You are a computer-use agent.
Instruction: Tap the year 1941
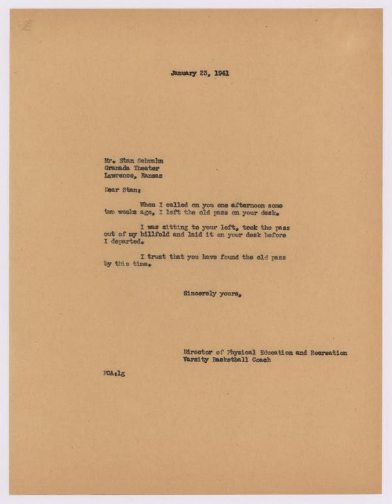pyautogui.click(x=220, y=73)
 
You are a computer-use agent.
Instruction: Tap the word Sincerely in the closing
pyautogui.click(x=203, y=294)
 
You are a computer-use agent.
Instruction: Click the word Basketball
pyautogui.click(x=238, y=361)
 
